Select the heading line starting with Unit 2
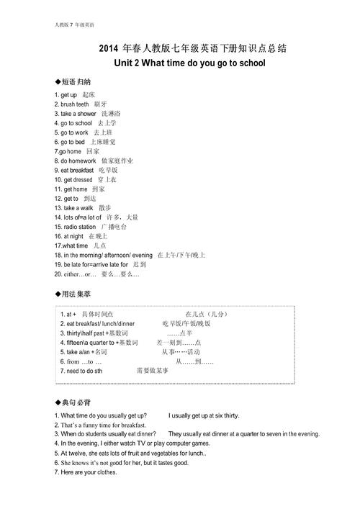click(x=189, y=63)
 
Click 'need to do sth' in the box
click(x=84, y=371)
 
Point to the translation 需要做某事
click(x=153, y=371)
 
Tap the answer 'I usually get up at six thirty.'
click(x=204, y=416)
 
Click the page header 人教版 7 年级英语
click(x=73, y=24)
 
